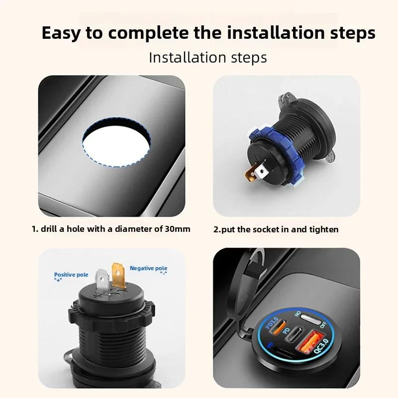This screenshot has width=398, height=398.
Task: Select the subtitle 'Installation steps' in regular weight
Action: [x=208, y=57]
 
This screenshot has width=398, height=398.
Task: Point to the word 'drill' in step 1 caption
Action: [x=51, y=229]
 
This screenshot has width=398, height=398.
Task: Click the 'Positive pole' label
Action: [x=71, y=275]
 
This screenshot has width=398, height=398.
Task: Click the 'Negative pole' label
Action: [x=148, y=268]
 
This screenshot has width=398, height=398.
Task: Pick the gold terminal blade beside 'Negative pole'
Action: [x=119, y=275]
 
